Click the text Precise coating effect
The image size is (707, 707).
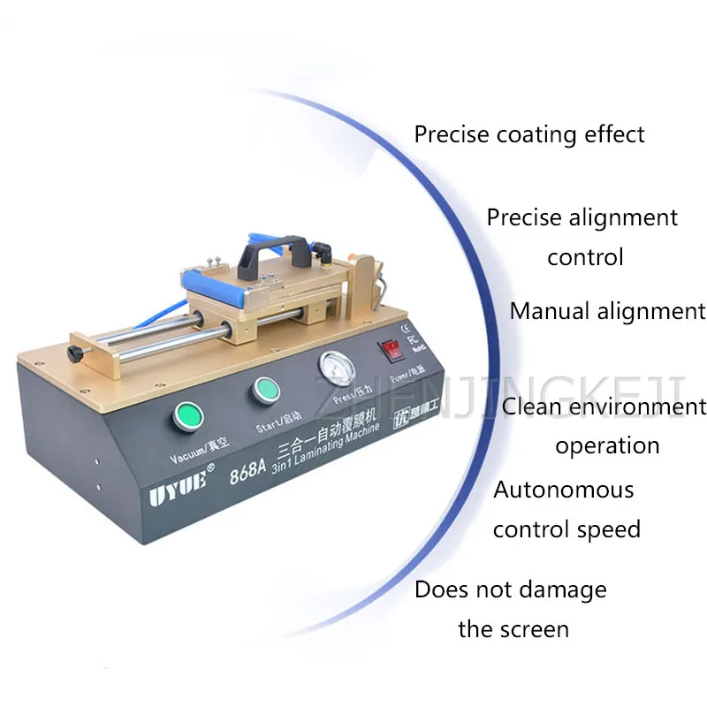529,134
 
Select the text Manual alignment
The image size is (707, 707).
608,311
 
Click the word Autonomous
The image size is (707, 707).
564,489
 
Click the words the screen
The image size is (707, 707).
513,629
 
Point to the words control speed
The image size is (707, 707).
566,529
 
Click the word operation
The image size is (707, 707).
607,445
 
